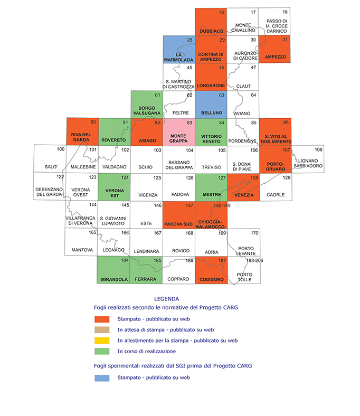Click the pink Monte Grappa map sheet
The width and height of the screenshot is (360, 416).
[x=179, y=132]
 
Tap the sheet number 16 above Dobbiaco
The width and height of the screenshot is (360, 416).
[x=222, y=12]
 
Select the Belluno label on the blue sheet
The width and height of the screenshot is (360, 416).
[x=212, y=113]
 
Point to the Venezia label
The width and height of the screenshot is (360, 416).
[x=244, y=195]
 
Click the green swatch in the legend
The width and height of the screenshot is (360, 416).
[x=102, y=351]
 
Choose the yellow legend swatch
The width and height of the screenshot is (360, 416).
[x=102, y=341]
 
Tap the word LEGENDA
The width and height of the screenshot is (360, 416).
[x=167, y=299]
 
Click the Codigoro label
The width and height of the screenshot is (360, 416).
[x=212, y=279]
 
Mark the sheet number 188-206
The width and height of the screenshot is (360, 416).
[x=254, y=261]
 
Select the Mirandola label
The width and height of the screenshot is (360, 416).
[x=115, y=279]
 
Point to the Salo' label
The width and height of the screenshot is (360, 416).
[x=51, y=167]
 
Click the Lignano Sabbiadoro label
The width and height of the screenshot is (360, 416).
[x=308, y=163]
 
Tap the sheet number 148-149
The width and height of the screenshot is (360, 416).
[x=222, y=205]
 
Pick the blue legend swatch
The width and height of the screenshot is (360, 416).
[x=102, y=378]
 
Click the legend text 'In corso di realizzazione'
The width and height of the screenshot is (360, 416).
[x=147, y=351]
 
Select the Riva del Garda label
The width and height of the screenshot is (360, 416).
[x=81, y=137]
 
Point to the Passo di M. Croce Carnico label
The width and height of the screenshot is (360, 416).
[x=277, y=26]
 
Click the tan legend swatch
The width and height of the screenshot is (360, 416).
[x=102, y=330]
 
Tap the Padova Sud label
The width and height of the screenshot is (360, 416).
[x=178, y=224]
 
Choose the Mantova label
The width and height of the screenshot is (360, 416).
[x=82, y=250]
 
